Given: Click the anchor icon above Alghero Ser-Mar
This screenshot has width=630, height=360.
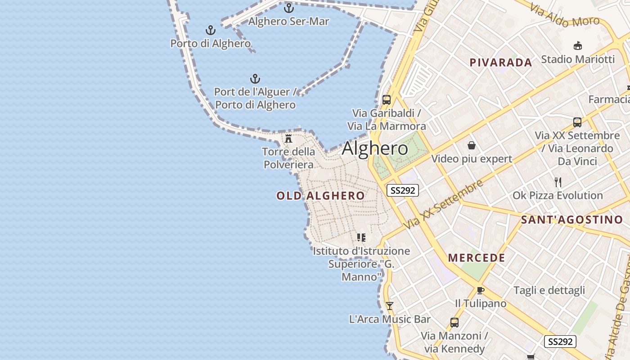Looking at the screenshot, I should (x=288, y=8).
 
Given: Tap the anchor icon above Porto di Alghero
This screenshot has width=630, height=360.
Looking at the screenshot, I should (x=210, y=30).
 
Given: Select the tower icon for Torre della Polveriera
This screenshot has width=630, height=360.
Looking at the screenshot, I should (x=288, y=138).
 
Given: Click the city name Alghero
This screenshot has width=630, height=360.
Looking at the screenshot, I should (x=375, y=148).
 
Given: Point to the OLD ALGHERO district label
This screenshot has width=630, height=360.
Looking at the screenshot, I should (x=320, y=196).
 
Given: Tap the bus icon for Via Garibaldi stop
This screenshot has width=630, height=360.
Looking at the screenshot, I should (x=386, y=99).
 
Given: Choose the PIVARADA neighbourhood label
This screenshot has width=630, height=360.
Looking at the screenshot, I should (x=501, y=63).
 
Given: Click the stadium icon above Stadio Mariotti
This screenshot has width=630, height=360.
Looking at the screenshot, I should (x=578, y=45).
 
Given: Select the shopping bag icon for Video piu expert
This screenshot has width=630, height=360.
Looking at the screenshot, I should (x=472, y=145).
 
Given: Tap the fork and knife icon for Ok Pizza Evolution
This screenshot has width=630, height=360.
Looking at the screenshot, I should (x=558, y=182).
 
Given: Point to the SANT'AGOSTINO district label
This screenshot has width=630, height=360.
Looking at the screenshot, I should (x=571, y=220).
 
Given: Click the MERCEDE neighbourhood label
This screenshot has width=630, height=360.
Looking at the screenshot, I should (x=477, y=258).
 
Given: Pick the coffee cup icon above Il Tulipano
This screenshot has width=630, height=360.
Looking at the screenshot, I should (x=480, y=290).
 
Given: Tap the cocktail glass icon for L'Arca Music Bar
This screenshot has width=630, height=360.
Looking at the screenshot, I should (x=390, y=306).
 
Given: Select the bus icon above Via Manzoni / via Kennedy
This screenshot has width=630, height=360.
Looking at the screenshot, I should (x=454, y=322).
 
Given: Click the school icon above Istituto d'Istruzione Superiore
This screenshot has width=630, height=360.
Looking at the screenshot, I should (x=361, y=237).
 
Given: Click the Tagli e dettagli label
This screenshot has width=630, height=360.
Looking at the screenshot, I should (x=549, y=290).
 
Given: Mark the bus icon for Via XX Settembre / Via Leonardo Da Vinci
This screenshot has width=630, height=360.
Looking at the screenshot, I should (x=577, y=122).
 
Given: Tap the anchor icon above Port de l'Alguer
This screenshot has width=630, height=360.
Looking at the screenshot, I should (x=255, y=79).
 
